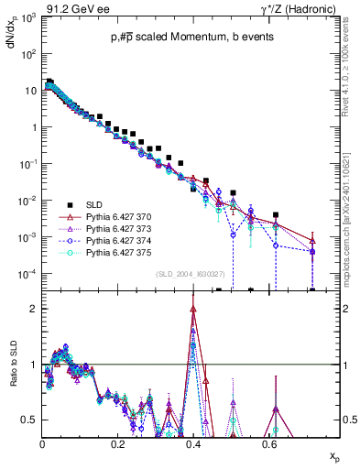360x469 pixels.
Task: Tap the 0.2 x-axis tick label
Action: pos(117,443)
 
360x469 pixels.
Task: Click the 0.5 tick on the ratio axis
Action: pos(29,420)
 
